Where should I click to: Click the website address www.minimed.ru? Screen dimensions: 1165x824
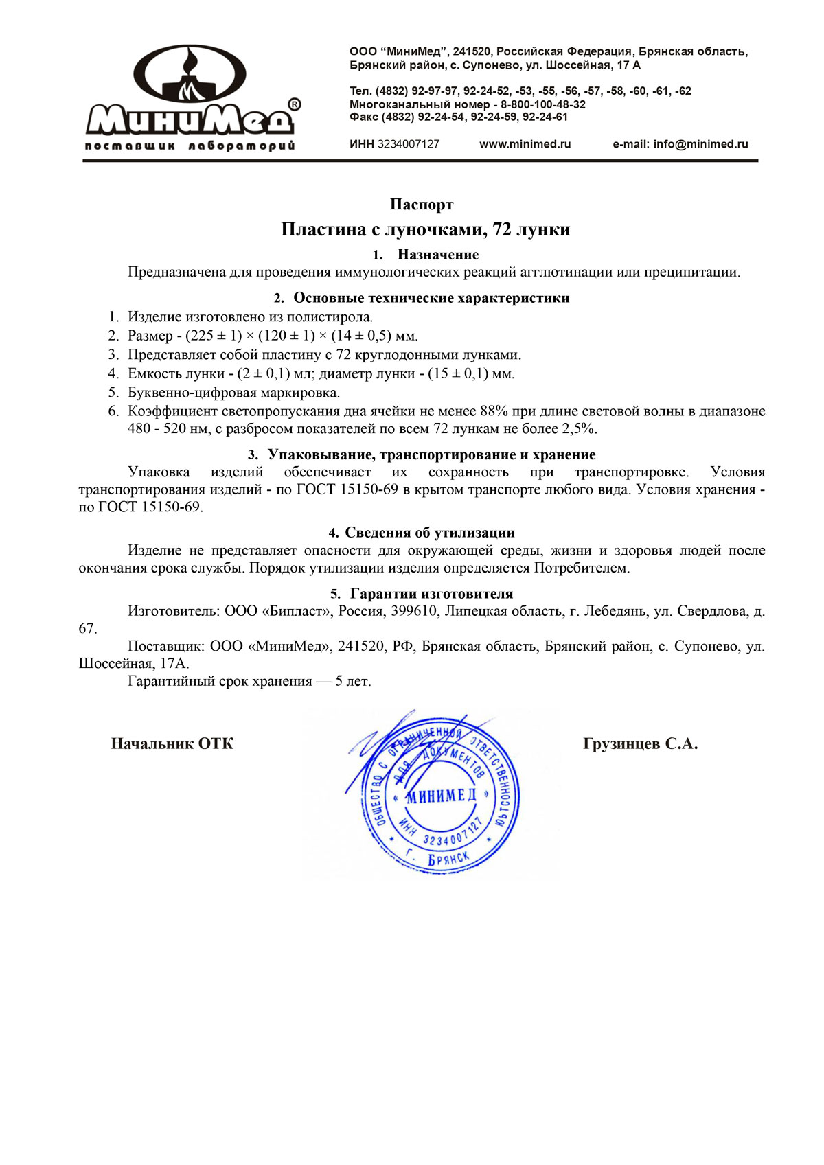tap(525, 144)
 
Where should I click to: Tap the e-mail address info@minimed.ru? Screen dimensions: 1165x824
tap(700, 144)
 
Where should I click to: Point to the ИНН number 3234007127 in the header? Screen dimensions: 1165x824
tap(409, 144)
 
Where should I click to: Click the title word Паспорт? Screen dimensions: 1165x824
tap(422, 205)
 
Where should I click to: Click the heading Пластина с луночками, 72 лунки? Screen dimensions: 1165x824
tap(426, 229)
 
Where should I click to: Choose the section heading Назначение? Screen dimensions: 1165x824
tap(437, 255)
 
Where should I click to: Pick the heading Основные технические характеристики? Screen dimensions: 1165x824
tap(431, 298)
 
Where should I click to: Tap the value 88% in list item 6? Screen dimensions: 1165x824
tap(494, 411)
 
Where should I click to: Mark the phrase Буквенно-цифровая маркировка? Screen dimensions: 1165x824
tap(233, 393)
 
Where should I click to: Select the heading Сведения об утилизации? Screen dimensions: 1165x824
tap(430, 533)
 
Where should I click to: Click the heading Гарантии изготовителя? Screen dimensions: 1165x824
tap(431, 594)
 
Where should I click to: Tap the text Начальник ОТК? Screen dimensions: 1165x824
tap(172, 744)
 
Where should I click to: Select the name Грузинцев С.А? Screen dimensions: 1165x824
tap(640, 744)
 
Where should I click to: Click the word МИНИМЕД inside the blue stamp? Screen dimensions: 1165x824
tap(441, 796)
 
